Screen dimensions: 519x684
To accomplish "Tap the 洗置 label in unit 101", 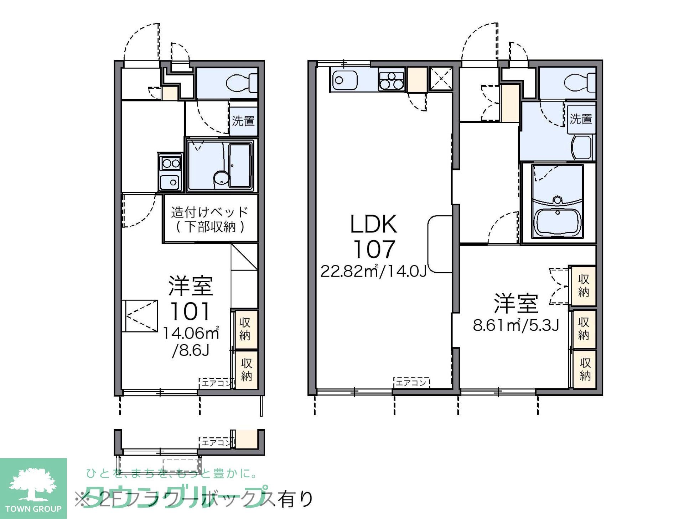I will [x=243, y=121].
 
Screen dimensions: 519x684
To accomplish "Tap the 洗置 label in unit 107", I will [x=581, y=119].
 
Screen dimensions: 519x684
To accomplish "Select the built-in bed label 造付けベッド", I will [x=209, y=212].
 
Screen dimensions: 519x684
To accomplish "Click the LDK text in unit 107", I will [x=373, y=224].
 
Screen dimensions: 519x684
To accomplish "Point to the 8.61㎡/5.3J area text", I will [x=515, y=325].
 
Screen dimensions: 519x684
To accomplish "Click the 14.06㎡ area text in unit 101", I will [x=191, y=333].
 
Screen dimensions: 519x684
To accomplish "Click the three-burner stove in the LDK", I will [x=392, y=80].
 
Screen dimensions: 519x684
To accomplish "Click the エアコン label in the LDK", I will [x=411, y=383].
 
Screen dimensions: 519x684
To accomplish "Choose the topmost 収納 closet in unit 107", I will [x=583, y=285].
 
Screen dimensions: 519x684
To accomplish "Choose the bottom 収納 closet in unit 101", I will [x=246, y=370].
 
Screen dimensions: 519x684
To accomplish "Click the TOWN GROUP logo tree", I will [x=33, y=483].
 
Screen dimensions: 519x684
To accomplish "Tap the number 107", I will [x=374, y=249].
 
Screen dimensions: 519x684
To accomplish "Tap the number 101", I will [x=190, y=311].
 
